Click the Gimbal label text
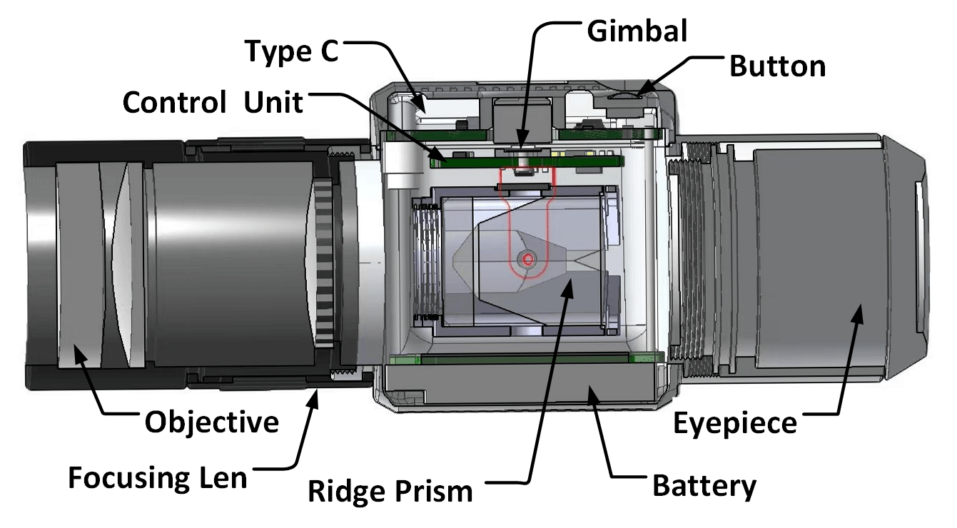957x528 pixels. (637, 31)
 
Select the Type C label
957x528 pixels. (291, 52)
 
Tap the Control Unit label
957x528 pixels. (213, 103)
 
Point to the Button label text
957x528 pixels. (777, 66)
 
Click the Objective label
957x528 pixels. (212, 422)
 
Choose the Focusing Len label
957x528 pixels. (158, 477)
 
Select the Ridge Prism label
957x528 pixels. (390, 491)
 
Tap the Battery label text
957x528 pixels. (704, 487)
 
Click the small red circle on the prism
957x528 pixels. (527, 260)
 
